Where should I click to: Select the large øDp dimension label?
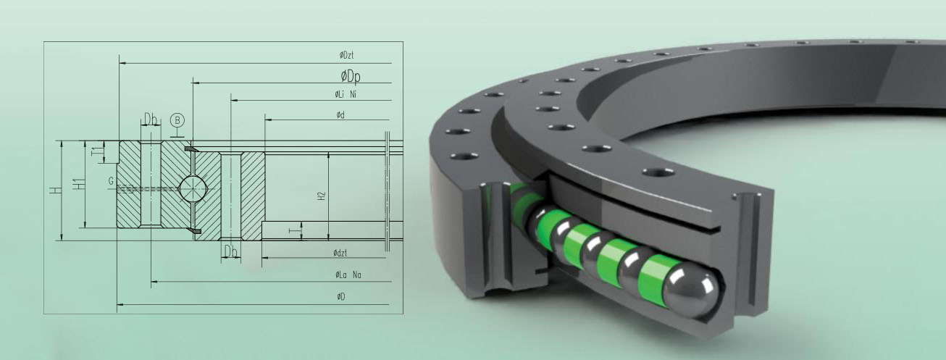point(352,75)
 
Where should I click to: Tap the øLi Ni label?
point(345,95)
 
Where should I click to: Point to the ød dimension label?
point(340,115)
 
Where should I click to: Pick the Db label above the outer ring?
point(151,119)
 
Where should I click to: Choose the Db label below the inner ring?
point(230,251)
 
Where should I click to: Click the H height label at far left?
point(55,190)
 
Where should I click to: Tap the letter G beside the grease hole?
point(111,180)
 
